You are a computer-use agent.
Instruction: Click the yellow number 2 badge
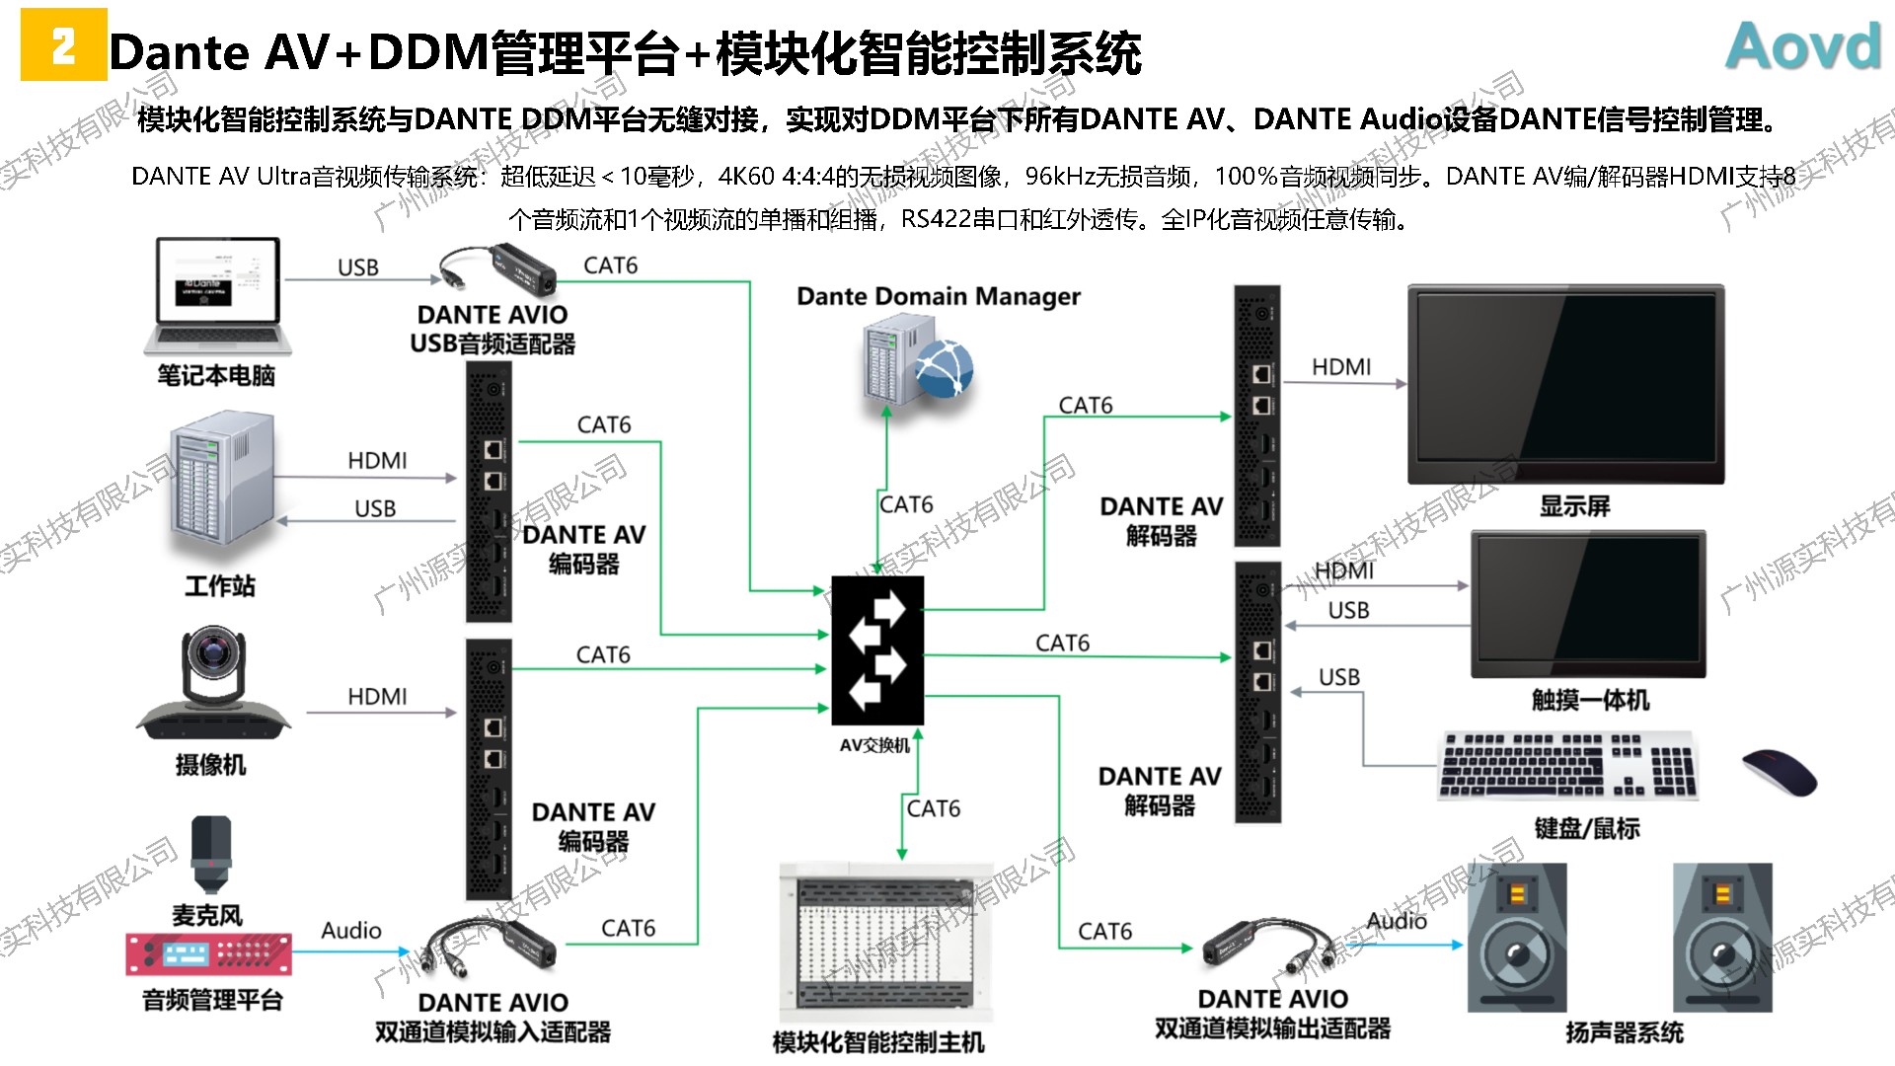click(x=63, y=45)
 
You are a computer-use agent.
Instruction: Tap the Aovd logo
click(x=1803, y=46)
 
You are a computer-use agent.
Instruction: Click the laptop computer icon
click(x=217, y=296)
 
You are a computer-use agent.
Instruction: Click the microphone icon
click(x=210, y=855)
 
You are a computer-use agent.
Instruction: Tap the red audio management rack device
click(x=208, y=953)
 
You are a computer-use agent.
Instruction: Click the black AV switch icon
click(x=876, y=650)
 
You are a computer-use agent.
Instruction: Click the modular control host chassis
click(x=884, y=944)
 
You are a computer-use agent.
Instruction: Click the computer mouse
click(x=1779, y=773)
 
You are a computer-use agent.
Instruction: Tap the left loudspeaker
click(x=1516, y=938)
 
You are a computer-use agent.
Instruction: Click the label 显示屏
click(x=1574, y=506)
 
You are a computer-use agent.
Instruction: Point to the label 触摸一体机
click(x=1590, y=701)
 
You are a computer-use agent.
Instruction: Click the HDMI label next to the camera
click(x=377, y=697)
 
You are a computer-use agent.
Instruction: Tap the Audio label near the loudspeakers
click(x=1396, y=921)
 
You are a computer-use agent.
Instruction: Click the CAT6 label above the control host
click(x=933, y=808)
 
